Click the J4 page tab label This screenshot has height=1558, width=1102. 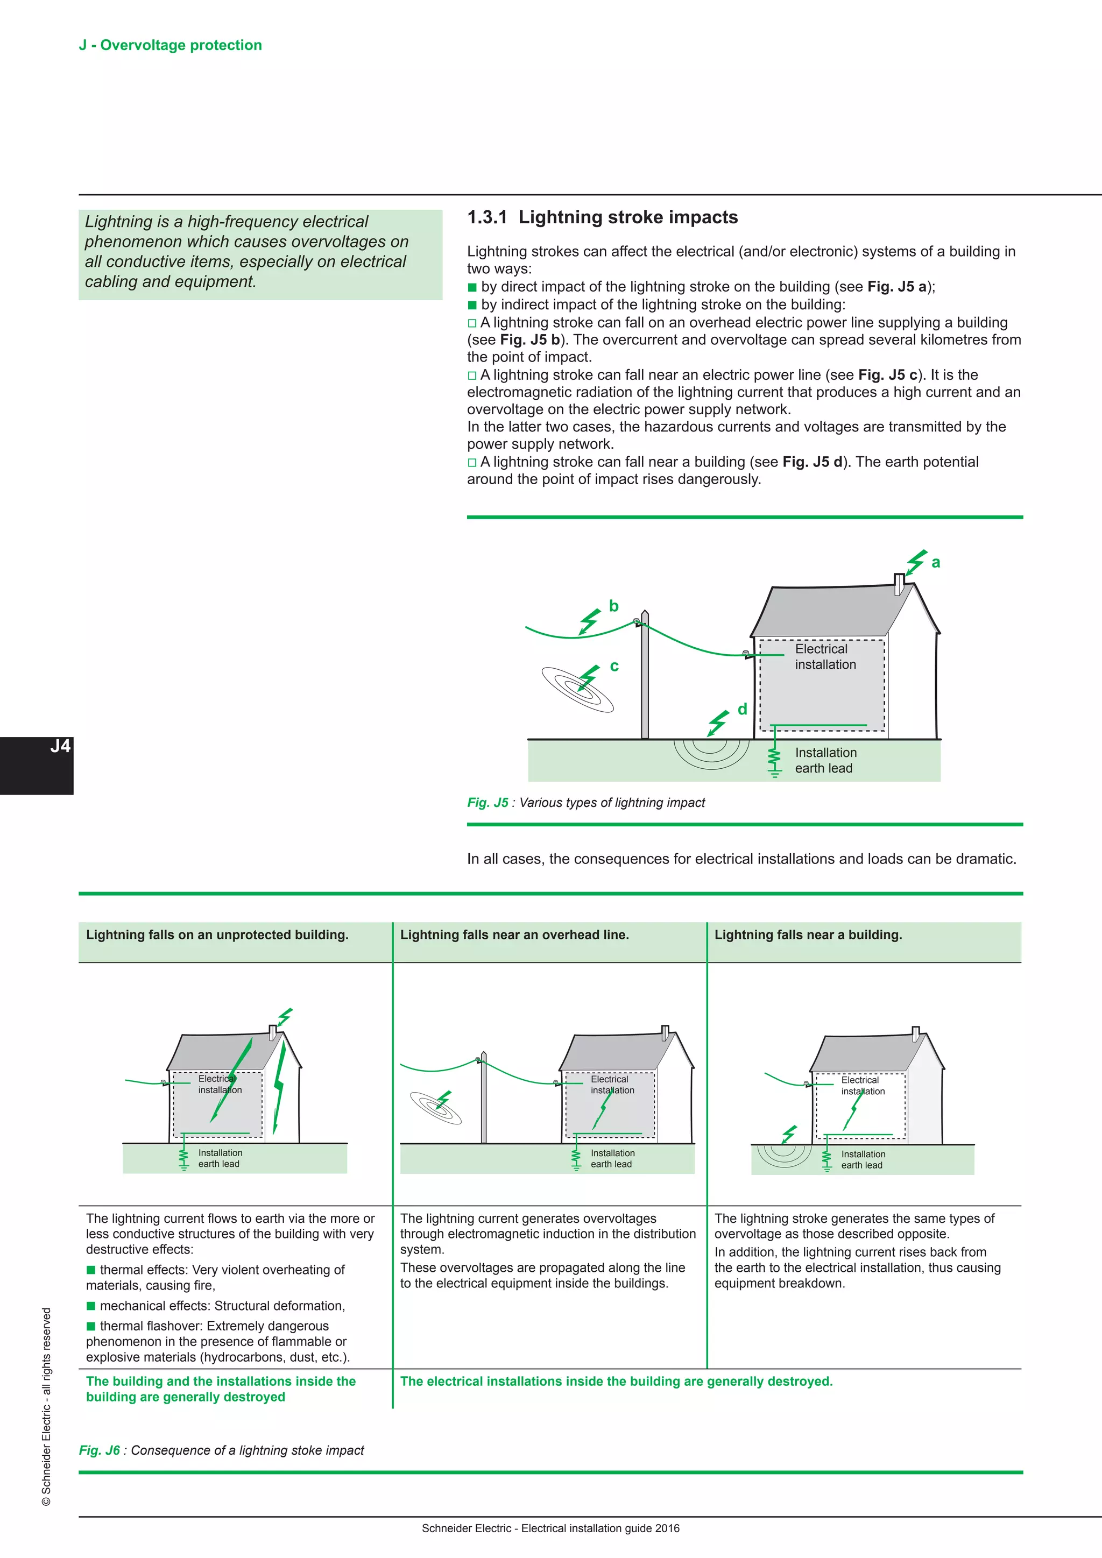pyautogui.click(x=60, y=746)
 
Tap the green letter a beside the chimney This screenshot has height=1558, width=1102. pyautogui.click(x=936, y=563)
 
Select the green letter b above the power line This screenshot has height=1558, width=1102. pyautogui.click(x=613, y=606)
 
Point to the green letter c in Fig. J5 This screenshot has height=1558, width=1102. pyautogui.click(x=614, y=667)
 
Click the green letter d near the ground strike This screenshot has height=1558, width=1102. pyautogui.click(x=743, y=710)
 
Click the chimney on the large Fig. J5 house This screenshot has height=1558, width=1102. pyautogui.click(x=899, y=584)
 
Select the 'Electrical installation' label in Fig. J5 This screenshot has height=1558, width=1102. pyautogui.click(x=824, y=657)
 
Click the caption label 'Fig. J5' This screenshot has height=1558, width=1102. pyautogui.click(x=487, y=803)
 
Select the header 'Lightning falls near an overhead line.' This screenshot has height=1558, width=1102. pyautogui.click(x=514, y=935)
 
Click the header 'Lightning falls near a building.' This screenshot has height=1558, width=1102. pyautogui.click(x=808, y=935)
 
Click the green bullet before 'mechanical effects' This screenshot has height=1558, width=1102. pyautogui.click(x=91, y=1306)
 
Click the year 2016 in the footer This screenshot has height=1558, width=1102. pyautogui.click(x=667, y=1528)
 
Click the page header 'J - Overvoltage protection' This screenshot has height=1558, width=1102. pyautogui.click(x=171, y=46)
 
